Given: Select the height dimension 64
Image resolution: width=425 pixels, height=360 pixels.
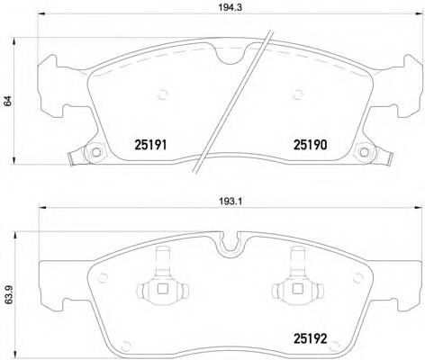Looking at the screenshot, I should [8, 102].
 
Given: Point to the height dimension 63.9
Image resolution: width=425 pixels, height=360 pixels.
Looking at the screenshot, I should [8, 294].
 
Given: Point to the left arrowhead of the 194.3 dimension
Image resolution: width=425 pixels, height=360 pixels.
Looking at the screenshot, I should [40, 22].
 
